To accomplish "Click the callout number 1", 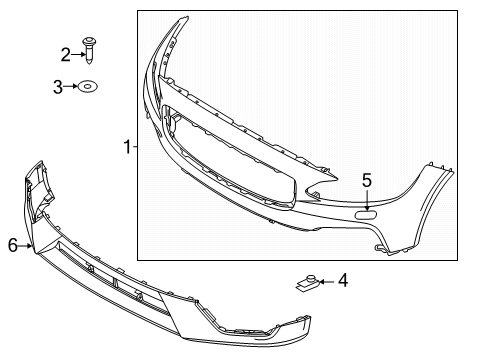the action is [127, 148].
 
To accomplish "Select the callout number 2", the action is [66, 54].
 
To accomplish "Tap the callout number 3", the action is [58, 87].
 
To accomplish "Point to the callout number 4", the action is [343, 281].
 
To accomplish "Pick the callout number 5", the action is [367, 180].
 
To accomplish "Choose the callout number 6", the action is [12, 243].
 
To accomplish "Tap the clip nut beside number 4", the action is [308, 283].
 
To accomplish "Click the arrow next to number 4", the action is [327, 282].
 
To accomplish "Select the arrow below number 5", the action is [367, 197].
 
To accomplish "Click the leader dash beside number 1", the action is [135, 148].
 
